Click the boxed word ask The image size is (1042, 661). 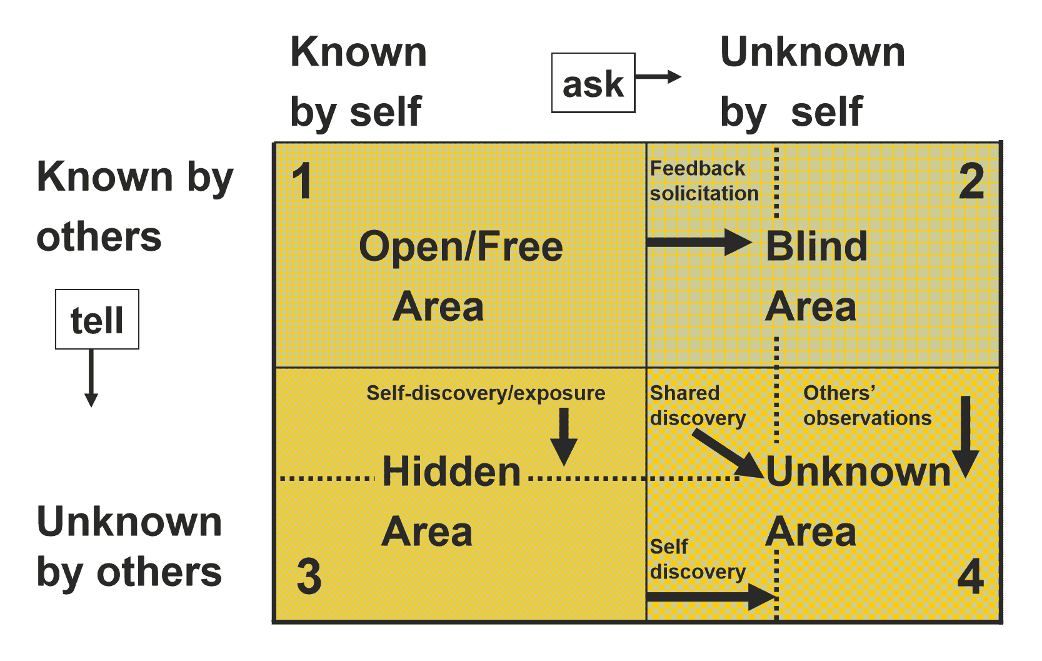pos(593,83)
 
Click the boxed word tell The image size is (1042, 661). pos(97,320)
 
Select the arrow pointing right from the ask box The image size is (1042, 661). pos(658,77)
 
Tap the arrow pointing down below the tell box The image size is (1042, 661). pos(91,378)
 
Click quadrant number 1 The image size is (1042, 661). pos(302,182)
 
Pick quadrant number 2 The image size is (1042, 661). pos(971,182)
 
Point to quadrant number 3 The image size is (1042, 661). pos(309,576)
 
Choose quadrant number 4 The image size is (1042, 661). pos(970,576)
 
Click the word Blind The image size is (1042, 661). pos(816,246)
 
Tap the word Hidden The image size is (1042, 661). pos(451,471)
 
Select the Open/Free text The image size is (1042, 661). pos(461,246)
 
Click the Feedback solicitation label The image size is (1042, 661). pos(703,181)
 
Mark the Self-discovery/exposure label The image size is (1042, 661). pos(486,393)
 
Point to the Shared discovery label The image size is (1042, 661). pos(697,405)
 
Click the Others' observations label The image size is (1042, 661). pos(867,405)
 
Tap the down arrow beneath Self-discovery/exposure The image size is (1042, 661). pos(564,436)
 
